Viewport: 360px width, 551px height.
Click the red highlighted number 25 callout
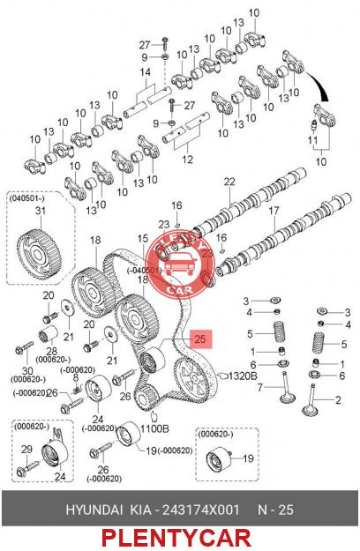point(200,339)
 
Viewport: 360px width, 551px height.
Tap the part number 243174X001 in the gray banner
point(200,510)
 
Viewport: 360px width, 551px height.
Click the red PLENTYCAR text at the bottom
point(176,539)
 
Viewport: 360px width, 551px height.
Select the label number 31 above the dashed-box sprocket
point(41,211)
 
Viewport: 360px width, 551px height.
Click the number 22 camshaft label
point(229,182)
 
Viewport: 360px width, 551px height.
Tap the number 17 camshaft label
point(274,211)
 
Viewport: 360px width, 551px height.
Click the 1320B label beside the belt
point(243,376)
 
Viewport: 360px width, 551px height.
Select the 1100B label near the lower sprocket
point(154,428)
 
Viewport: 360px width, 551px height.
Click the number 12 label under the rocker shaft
point(187,160)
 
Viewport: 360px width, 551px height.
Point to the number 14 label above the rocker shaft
point(146,72)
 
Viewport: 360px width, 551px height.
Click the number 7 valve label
point(259,388)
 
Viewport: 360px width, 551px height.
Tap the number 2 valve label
point(338,400)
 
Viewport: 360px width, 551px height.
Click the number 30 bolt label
point(27,370)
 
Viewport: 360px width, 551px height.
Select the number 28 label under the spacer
point(52,351)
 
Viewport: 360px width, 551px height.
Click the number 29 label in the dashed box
point(26,449)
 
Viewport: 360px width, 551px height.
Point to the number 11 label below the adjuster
point(312,140)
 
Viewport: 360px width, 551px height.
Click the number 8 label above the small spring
point(75,377)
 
